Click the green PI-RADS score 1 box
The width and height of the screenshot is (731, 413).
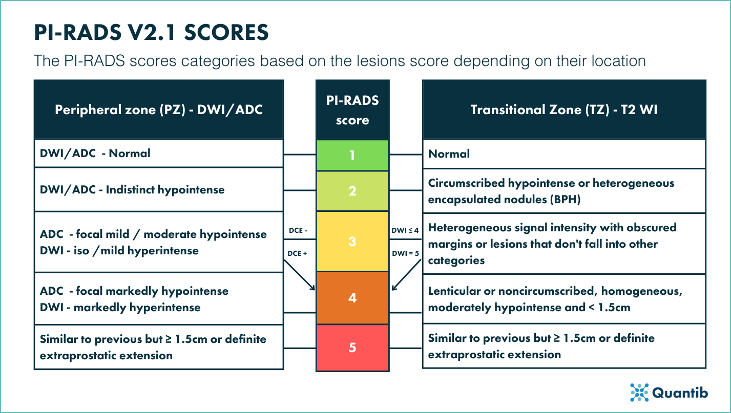352,155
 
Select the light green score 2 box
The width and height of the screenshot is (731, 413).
352,191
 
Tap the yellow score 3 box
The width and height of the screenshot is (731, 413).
352,241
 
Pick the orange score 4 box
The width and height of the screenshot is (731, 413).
352,297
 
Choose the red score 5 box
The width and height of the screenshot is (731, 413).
352,347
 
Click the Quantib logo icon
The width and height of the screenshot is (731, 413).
639,392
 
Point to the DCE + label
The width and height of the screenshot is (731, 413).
298,252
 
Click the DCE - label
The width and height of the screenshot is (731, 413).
298,230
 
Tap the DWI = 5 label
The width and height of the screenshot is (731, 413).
406,252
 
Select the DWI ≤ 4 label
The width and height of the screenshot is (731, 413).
406,230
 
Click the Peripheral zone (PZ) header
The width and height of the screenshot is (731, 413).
159,110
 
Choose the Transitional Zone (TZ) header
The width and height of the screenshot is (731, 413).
564,110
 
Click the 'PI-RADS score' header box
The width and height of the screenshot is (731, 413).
352,110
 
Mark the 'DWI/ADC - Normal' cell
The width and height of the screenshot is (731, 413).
159,153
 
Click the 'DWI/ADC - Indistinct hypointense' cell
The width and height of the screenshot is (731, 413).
159,189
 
